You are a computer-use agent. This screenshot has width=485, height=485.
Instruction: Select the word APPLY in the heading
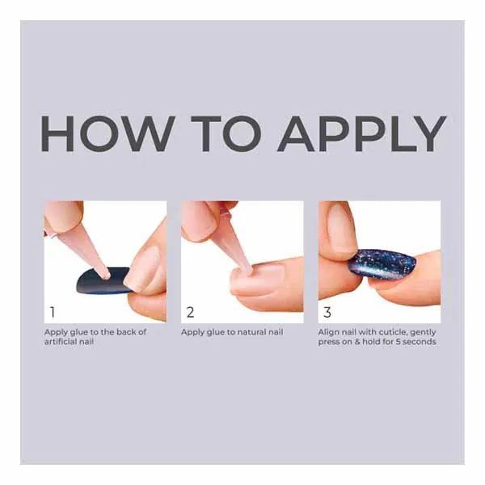tap(361, 133)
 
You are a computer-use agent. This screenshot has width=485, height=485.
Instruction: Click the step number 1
tap(53, 312)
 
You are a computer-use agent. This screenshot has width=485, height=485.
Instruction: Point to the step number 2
tap(190, 312)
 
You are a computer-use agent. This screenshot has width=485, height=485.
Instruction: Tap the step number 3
tap(327, 312)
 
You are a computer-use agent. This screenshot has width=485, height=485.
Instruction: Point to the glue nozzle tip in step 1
tap(106, 276)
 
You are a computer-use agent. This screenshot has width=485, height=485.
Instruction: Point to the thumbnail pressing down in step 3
tap(339, 230)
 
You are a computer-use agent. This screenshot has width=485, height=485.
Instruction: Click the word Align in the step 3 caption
tap(328, 332)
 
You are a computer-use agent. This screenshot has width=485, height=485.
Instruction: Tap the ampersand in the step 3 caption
tap(357, 341)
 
